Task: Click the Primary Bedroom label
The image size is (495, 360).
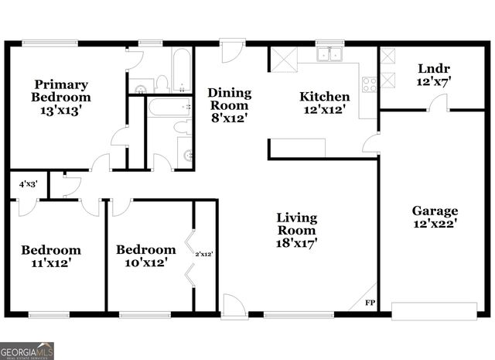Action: click(60, 98)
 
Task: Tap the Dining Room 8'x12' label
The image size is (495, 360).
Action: click(229, 105)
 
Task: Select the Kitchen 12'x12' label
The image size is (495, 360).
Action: click(325, 104)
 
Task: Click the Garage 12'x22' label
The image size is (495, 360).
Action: click(434, 217)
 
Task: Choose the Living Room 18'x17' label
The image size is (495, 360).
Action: click(296, 230)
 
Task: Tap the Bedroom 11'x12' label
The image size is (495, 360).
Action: click(51, 256)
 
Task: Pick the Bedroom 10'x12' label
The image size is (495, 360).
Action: click(145, 256)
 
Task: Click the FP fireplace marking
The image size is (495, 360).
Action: click(369, 303)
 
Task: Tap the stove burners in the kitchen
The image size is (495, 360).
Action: click(369, 84)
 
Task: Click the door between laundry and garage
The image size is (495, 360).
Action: click(438, 103)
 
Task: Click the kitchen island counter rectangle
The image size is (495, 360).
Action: click(297, 148)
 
